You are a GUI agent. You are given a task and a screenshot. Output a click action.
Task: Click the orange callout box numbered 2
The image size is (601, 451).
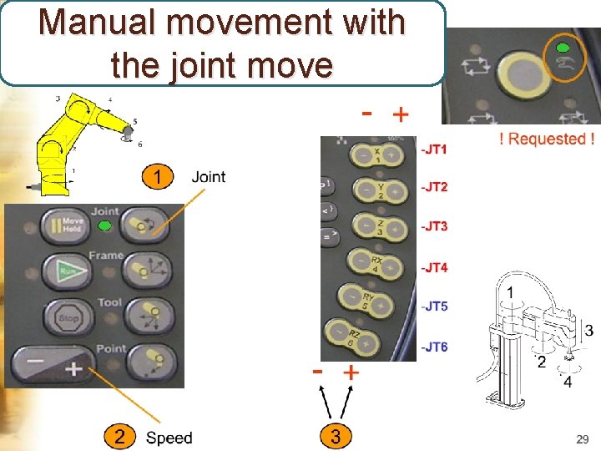pyautogui.click(x=120, y=437)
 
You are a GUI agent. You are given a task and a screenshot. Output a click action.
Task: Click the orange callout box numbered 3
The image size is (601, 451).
pyautogui.click(x=336, y=437)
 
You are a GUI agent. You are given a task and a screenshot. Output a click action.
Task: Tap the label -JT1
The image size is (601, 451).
pyautogui.click(x=434, y=149)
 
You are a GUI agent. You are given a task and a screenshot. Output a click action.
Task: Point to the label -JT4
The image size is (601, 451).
pyautogui.click(x=434, y=267)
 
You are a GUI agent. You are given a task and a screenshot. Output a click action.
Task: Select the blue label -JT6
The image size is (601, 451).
pyautogui.click(x=434, y=347)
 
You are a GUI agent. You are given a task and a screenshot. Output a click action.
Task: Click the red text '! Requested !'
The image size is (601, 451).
pyautogui.click(x=546, y=139)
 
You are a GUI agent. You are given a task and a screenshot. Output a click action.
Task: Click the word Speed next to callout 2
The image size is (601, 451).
pyautogui.click(x=169, y=438)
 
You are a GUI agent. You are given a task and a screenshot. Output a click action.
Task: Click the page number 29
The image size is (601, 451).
pyautogui.click(x=582, y=438)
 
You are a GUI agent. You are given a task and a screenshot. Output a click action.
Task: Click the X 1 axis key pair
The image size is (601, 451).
pyautogui.click(x=376, y=155)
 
